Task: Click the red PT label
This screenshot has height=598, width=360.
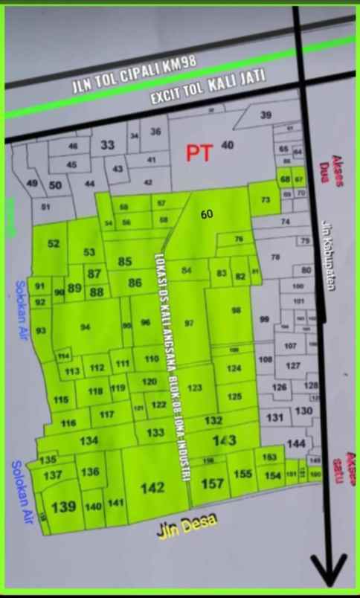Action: pyautogui.click(x=199, y=152)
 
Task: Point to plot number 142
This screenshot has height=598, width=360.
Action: pyautogui.click(x=152, y=488)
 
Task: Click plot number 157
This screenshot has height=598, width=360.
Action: pyautogui.click(x=213, y=483)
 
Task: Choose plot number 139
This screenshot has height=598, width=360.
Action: pyautogui.click(x=64, y=506)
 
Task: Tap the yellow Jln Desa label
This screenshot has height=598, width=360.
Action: pyautogui.click(x=187, y=526)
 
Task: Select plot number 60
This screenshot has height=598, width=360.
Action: pyautogui.click(x=207, y=214)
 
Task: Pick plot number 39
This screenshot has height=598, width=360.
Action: pyautogui.click(x=266, y=115)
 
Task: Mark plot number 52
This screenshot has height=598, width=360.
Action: pyautogui.click(x=54, y=244)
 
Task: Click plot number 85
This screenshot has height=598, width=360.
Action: pyautogui.click(x=125, y=262)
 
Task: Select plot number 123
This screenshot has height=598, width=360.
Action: pyautogui.click(x=195, y=388)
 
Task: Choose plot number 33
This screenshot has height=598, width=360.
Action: pyautogui.click(x=107, y=145)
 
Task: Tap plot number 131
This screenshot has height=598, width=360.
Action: pyautogui.click(x=275, y=417)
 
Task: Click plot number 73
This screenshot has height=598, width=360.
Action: pyautogui.click(x=265, y=200)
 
